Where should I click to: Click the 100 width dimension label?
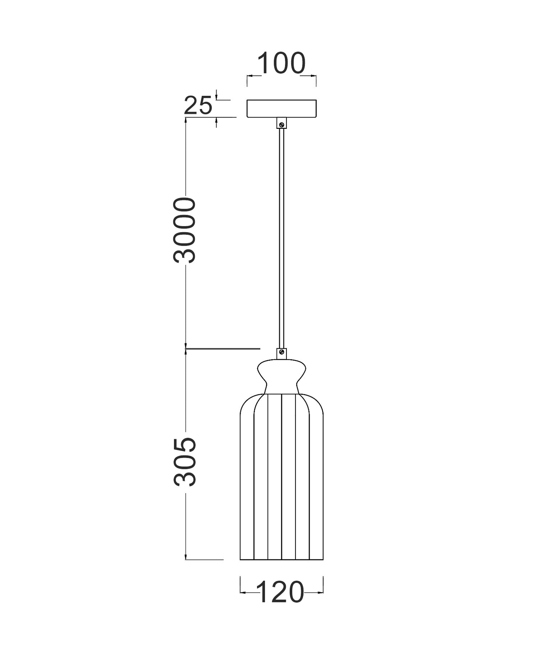pyautogui.click(x=281, y=64)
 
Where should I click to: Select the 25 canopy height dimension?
pyautogui.click(x=198, y=106)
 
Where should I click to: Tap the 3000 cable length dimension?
pyautogui.click(x=184, y=230)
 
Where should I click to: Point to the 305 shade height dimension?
pyautogui.click(x=184, y=462)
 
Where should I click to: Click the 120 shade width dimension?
pyautogui.click(x=280, y=592)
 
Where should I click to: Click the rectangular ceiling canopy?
pyautogui.click(x=281, y=109)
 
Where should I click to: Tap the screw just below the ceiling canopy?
pyautogui.click(x=281, y=124)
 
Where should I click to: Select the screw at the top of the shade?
pyautogui.click(x=281, y=352)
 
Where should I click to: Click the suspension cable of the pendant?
pyautogui.click(x=281, y=236)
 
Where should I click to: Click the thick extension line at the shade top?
pyautogui.click(x=223, y=349)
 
